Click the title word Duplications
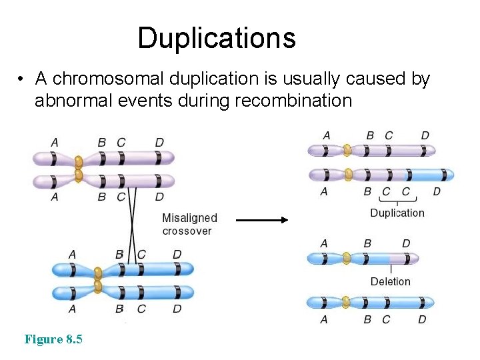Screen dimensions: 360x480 pos(216,38)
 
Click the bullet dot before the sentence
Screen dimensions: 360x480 pos(22,79)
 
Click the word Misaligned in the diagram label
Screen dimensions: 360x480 pos(189,218)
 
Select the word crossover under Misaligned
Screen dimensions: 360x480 pos(187,231)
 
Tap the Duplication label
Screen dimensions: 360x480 pos(397,213)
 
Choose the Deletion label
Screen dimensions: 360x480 pos(390,281)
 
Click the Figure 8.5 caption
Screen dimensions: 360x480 pos(53,339)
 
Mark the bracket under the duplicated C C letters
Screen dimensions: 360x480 pos(397,201)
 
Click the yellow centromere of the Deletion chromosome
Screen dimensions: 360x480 pos(346,259)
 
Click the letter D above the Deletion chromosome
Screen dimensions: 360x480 pos(406,243)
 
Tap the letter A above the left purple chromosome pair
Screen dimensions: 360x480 pos(55,142)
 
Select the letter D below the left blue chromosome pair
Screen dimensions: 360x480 pos(177,309)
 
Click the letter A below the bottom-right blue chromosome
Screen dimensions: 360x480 pos(324,319)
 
